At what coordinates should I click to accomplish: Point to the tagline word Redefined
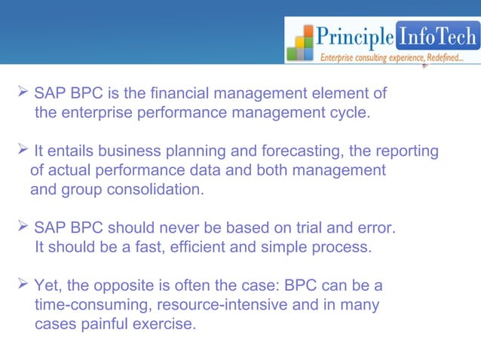440,57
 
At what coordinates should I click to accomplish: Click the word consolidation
157,189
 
